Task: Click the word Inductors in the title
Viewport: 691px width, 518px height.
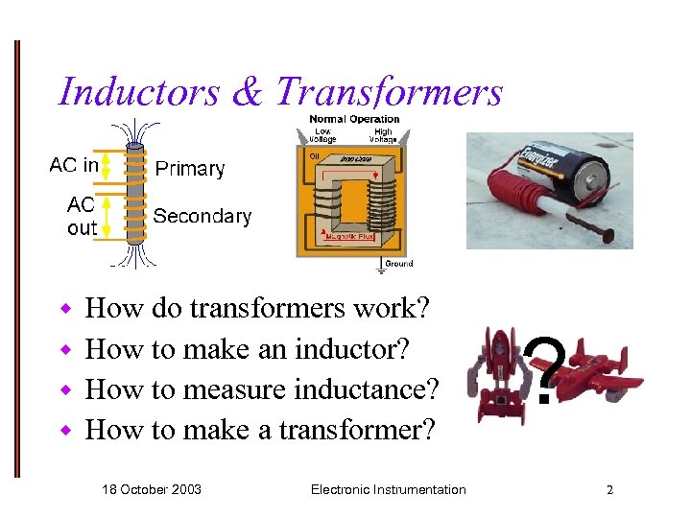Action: (x=140, y=92)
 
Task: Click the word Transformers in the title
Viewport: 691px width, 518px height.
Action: (x=389, y=92)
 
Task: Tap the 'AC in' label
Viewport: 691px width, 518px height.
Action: (x=74, y=165)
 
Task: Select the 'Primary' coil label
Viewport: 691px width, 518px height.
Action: (x=190, y=169)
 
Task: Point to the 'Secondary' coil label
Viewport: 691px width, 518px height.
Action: (x=203, y=216)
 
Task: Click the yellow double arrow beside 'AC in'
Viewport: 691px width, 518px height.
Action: (x=107, y=165)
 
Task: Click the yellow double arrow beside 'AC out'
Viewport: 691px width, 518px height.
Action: (x=107, y=217)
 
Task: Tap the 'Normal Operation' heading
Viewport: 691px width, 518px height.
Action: (x=354, y=119)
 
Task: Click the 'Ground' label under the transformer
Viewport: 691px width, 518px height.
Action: (x=398, y=264)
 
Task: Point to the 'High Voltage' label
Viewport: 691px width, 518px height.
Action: (x=383, y=135)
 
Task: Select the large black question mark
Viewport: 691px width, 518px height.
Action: (x=544, y=371)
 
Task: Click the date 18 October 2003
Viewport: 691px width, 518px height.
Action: (x=152, y=489)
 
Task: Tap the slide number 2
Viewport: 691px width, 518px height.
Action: (x=608, y=489)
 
